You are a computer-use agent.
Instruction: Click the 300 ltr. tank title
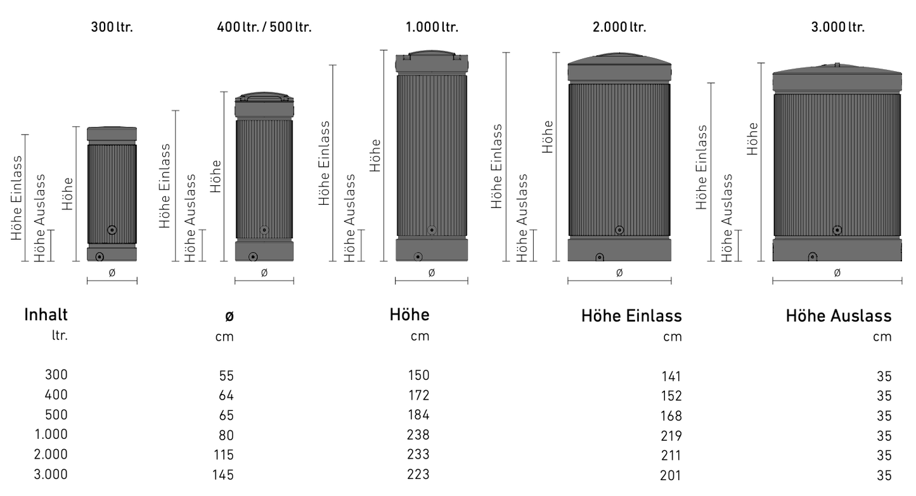[x=112, y=27]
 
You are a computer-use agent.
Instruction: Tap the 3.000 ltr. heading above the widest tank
[x=837, y=27]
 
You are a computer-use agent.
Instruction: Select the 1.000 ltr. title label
[x=432, y=27]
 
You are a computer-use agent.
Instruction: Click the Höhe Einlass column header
[x=631, y=316]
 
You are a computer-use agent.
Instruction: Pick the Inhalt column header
[x=46, y=315]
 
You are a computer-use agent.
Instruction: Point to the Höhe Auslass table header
[x=838, y=316]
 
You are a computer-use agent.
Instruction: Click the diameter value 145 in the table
[x=223, y=474]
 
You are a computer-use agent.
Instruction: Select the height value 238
[x=418, y=434]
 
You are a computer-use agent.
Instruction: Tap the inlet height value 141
[x=671, y=377]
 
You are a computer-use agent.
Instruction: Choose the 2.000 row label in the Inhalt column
[x=51, y=454]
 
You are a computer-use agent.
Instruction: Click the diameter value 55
[x=226, y=375]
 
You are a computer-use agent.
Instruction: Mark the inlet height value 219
[x=671, y=436]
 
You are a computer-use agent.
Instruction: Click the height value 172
[x=419, y=395]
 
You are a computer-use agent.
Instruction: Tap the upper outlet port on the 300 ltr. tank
[x=112, y=230]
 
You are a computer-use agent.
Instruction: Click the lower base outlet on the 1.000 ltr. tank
[x=418, y=257]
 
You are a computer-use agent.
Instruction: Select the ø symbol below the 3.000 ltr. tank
[x=837, y=273]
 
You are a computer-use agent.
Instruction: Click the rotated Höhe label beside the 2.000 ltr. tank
[x=547, y=137]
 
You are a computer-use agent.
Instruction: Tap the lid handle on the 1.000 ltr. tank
[x=432, y=54]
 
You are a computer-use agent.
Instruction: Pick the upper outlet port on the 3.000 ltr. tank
[x=837, y=230]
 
